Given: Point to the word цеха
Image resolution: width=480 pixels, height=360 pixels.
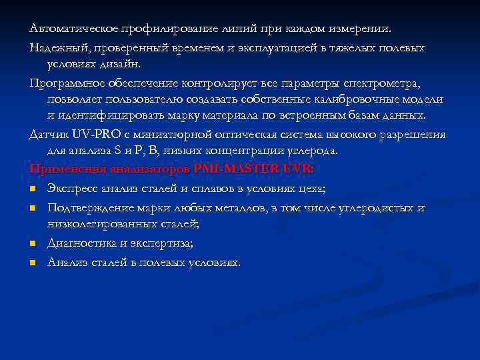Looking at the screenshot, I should [309, 189].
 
